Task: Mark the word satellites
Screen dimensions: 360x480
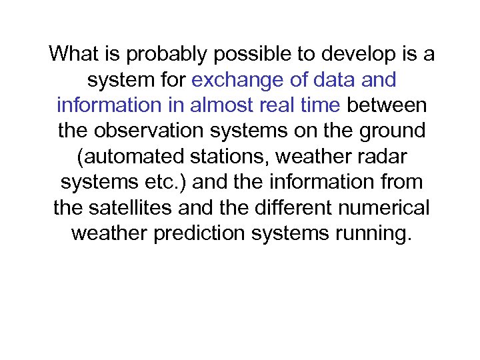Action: [137, 208]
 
